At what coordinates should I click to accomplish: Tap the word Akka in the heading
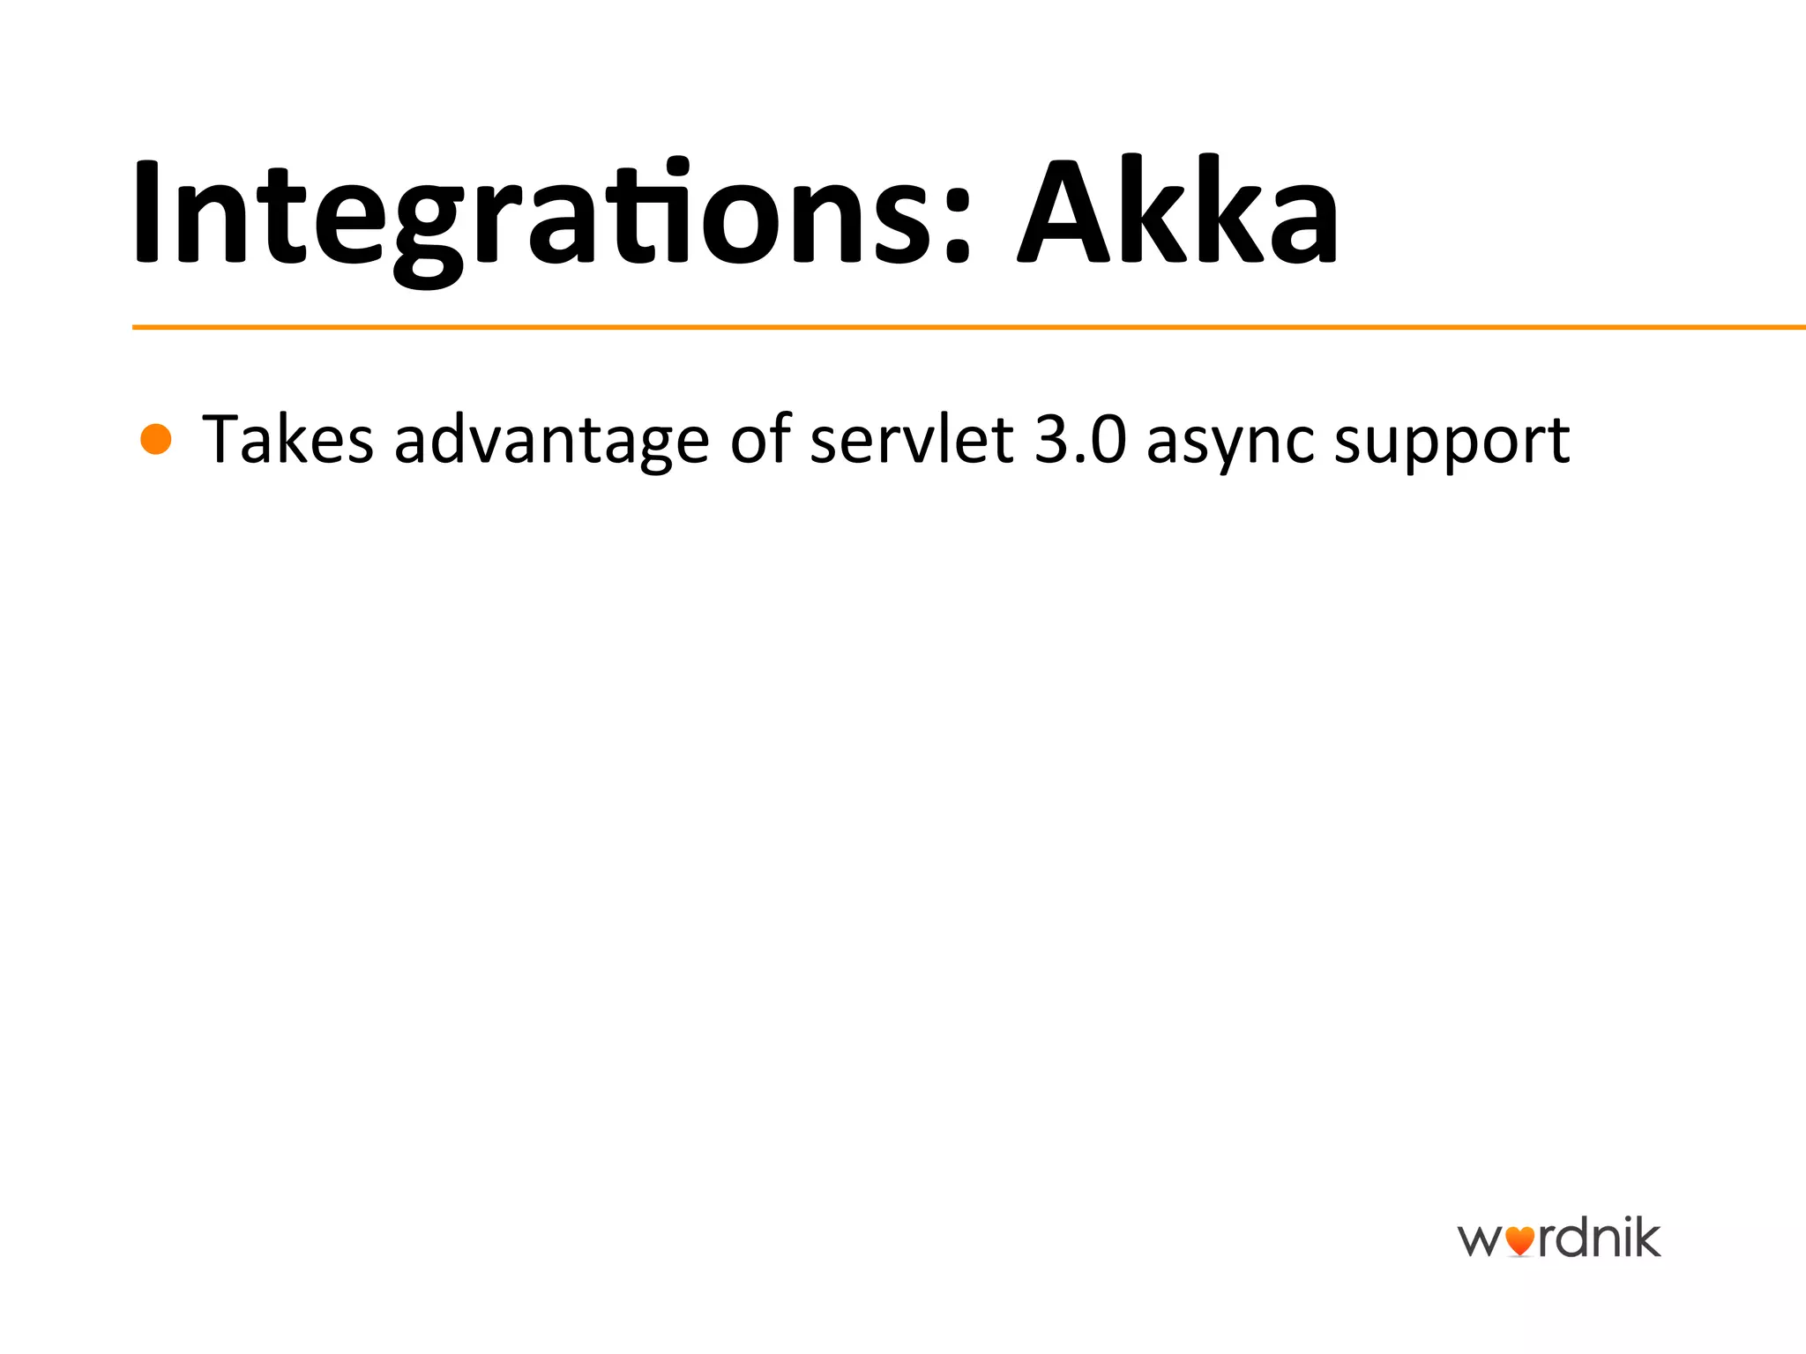1178,212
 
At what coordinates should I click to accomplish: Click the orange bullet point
156,439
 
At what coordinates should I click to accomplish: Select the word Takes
287,439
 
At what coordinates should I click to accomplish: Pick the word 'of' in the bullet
760,439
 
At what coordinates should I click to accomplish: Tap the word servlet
911,439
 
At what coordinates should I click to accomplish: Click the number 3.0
1080,439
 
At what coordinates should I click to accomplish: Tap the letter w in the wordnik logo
1479,1241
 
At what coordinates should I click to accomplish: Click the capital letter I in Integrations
146,212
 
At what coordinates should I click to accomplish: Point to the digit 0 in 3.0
1107,439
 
